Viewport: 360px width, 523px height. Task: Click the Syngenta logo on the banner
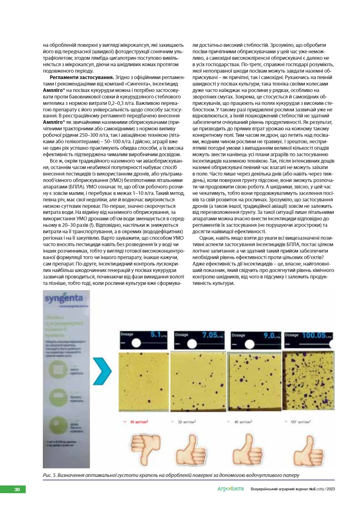coord(64,299)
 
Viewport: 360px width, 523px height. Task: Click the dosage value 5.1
coord(156,335)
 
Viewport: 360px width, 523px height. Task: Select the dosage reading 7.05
coord(209,335)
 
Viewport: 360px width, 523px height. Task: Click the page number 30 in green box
coord(17,490)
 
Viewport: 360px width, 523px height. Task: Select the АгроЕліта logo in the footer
coord(230,489)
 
